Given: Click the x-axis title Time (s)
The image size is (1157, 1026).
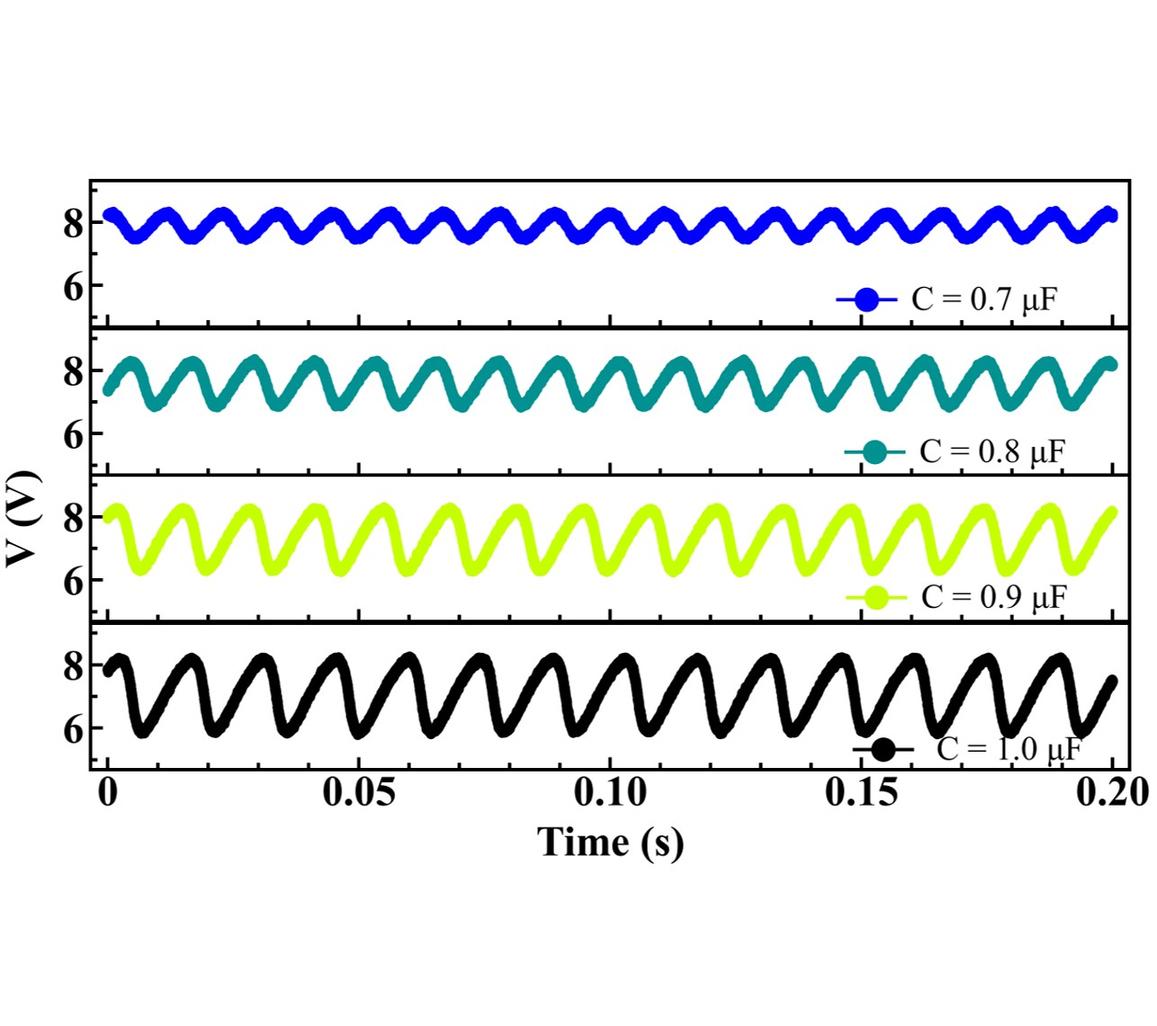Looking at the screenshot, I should (x=610, y=843).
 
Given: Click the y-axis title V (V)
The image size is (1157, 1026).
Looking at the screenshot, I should (x=23, y=519).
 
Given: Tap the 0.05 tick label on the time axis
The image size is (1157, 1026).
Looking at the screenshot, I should (x=359, y=793).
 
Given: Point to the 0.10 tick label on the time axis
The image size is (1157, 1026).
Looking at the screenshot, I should (x=610, y=793).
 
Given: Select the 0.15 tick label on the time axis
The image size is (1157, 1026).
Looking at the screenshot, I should (x=861, y=793).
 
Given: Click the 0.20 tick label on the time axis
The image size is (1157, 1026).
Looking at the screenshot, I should (x=1112, y=793).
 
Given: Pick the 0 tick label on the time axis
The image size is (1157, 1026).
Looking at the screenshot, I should (x=108, y=793).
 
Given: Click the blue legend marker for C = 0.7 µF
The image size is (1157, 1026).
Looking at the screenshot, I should (x=866, y=299).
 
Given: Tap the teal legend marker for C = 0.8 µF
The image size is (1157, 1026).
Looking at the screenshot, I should (x=874, y=452).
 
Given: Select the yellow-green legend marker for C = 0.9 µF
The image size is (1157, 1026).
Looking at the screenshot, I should (x=876, y=597).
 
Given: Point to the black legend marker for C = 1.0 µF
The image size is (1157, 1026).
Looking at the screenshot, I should (x=883, y=749).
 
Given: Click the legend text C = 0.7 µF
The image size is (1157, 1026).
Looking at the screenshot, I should (x=984, y=299).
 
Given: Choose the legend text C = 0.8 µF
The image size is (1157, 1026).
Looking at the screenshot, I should (x=992, y=452).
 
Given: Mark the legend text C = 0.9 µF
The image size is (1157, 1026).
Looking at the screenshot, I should (x=994, y=597).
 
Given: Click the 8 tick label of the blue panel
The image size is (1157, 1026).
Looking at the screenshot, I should (x=73, y=222).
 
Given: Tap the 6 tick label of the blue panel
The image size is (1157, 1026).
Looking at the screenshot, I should (x=73, y=286).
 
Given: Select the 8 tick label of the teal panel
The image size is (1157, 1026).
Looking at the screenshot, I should (x=73, y=370).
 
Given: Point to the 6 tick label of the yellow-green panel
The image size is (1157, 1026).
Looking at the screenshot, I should (x=73, y=581).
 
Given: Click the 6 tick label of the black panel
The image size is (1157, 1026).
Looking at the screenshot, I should (x=73, y=729).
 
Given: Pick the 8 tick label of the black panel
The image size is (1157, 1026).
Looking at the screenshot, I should (x=73, y=665).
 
